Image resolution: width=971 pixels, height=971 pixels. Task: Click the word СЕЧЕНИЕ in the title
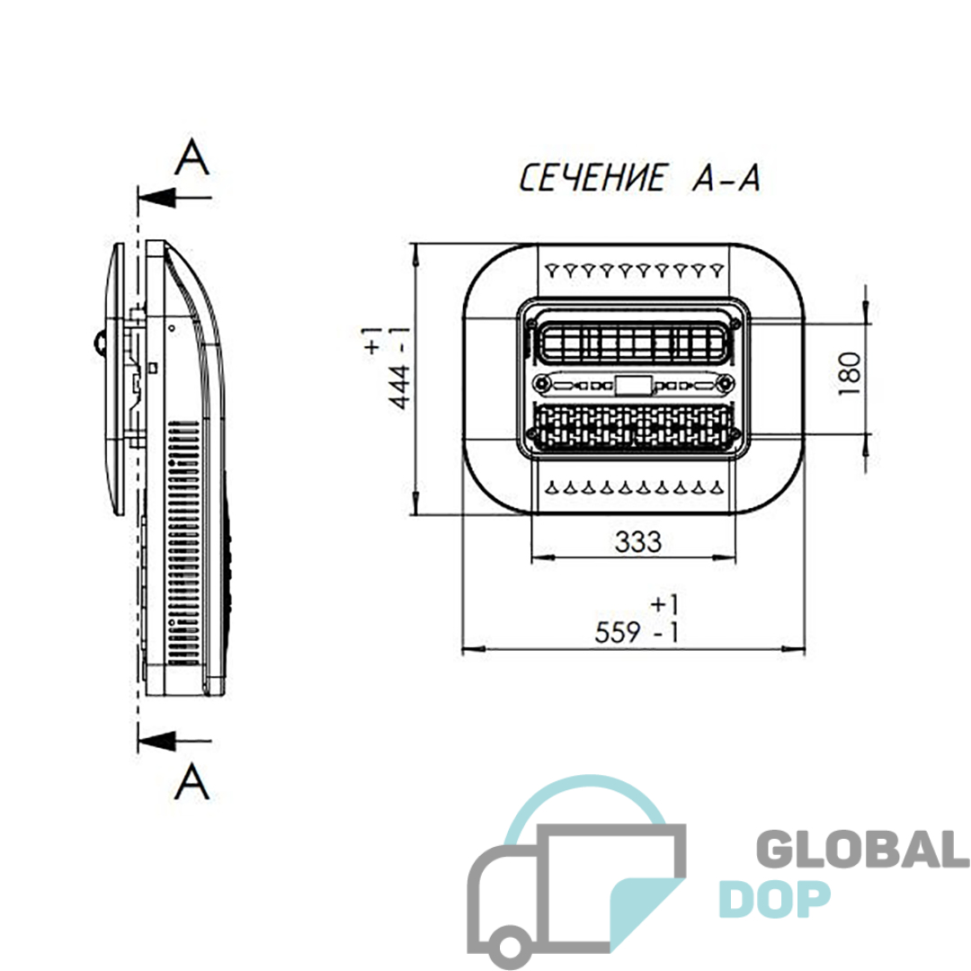click(593, 178)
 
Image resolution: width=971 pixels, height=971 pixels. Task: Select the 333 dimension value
click(637, 541)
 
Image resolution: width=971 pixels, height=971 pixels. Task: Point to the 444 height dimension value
click(400, 387)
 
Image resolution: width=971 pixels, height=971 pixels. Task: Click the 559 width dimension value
click(618, 632)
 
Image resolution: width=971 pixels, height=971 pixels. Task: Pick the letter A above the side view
click(192, 157)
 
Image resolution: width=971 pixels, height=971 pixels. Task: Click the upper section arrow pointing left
click(174, 198)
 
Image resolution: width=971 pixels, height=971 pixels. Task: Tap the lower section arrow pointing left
click(174, 741)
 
